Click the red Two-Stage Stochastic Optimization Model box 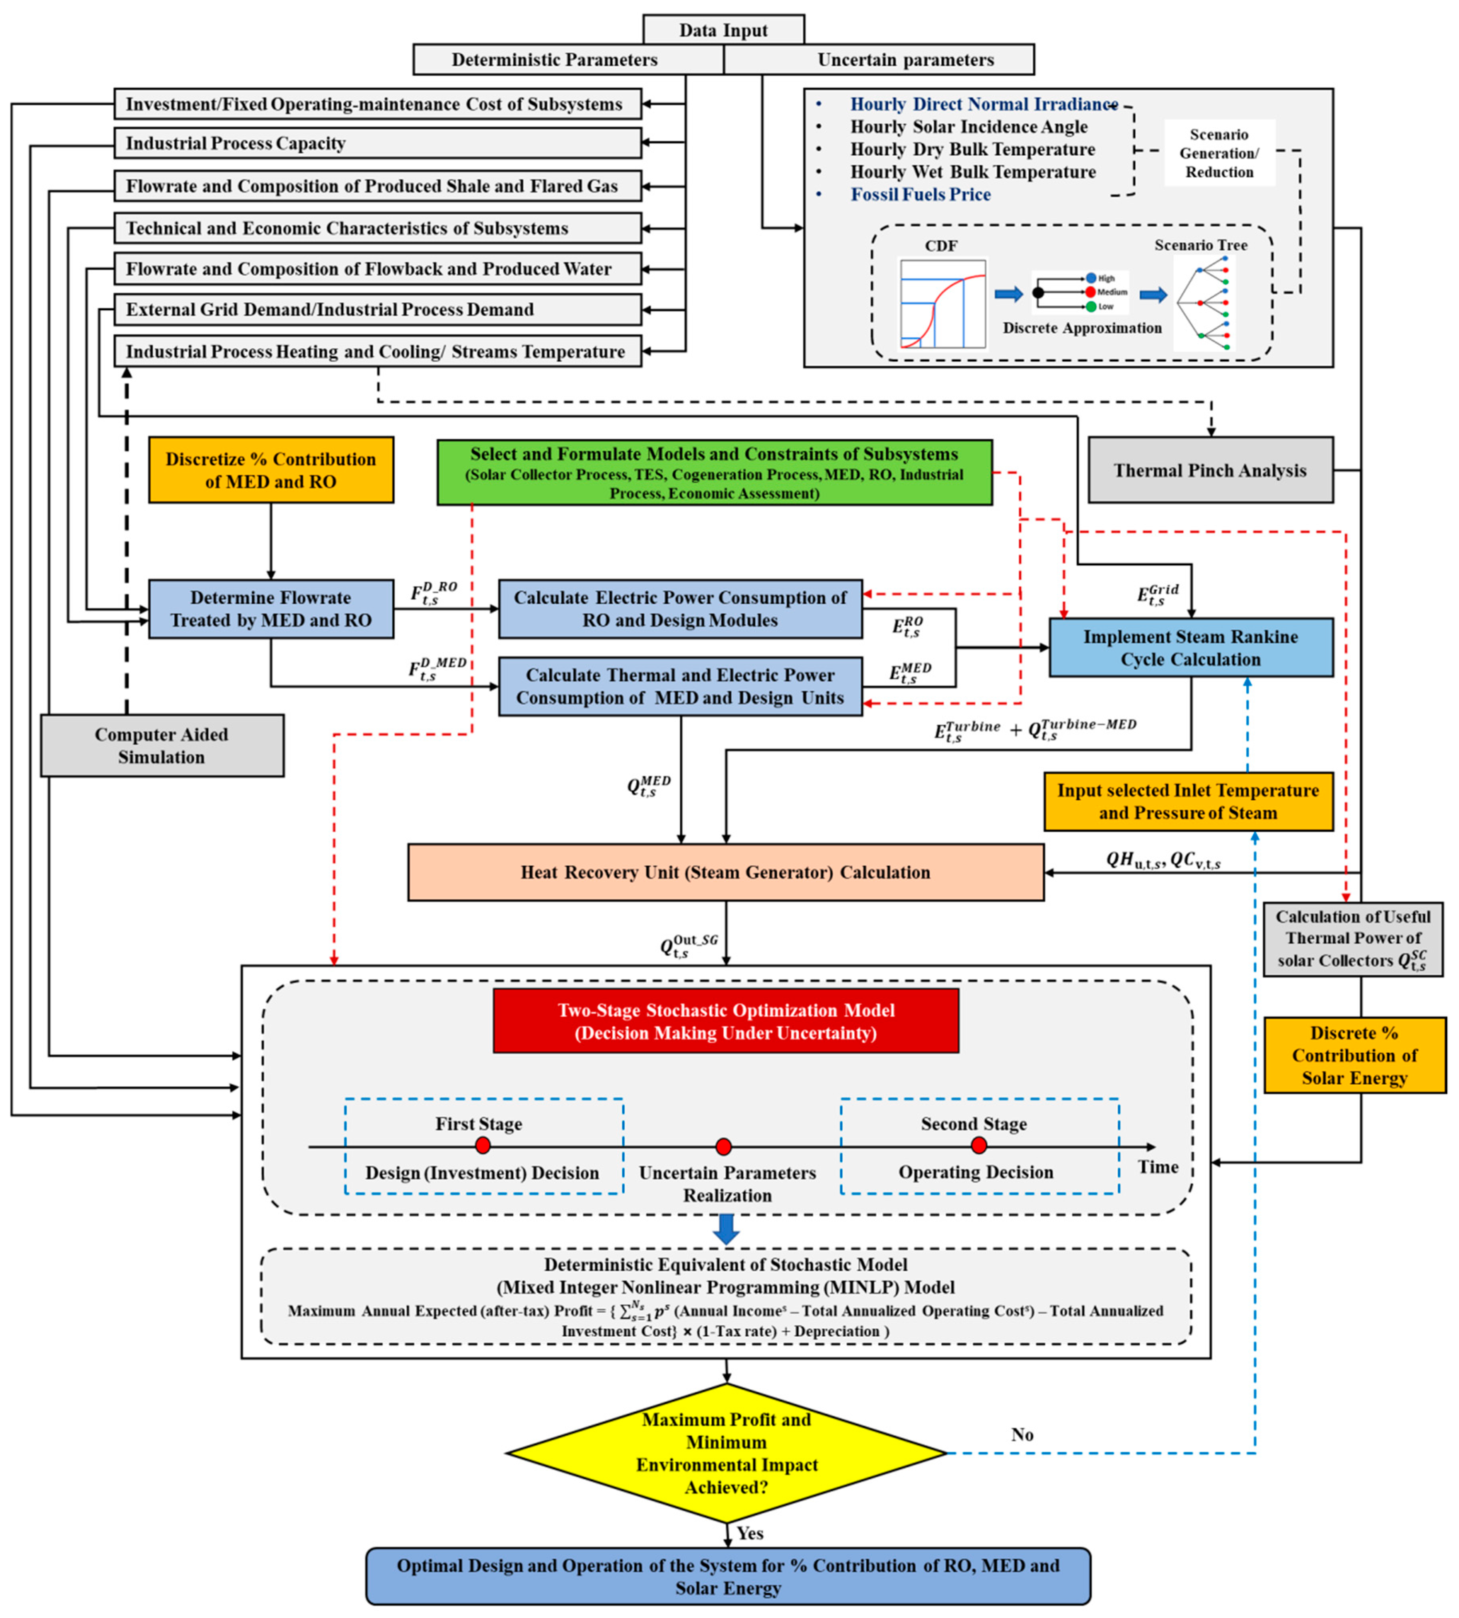click(x=725, y=1021)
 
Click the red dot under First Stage click(x=483, y=1146)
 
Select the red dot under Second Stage click(x=978, y=1146)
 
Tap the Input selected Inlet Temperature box click(x=1188, y=801)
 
